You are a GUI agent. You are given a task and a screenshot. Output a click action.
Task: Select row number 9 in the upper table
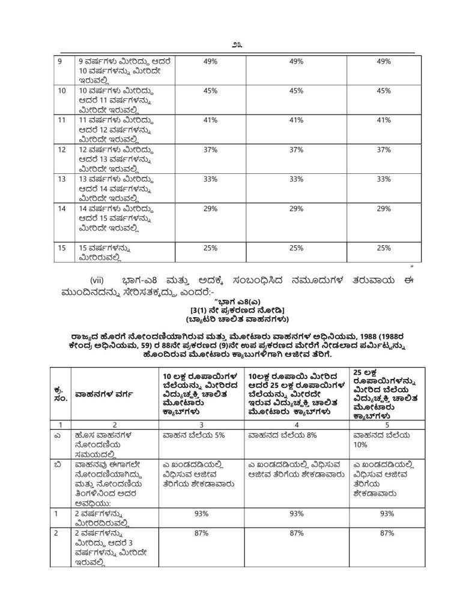pos(59,61)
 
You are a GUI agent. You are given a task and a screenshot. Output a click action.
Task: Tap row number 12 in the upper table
pos(61,149)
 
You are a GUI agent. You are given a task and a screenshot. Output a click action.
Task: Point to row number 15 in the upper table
pos(61,247)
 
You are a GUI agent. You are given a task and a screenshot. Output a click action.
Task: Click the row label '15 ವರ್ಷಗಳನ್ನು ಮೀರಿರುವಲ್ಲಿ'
pos(105,252)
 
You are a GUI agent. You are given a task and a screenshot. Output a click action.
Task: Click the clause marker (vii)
pos(98,280)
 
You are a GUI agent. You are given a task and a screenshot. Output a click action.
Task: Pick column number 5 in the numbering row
pos(381,423)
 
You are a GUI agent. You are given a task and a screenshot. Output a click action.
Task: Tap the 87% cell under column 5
pos(387,533)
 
